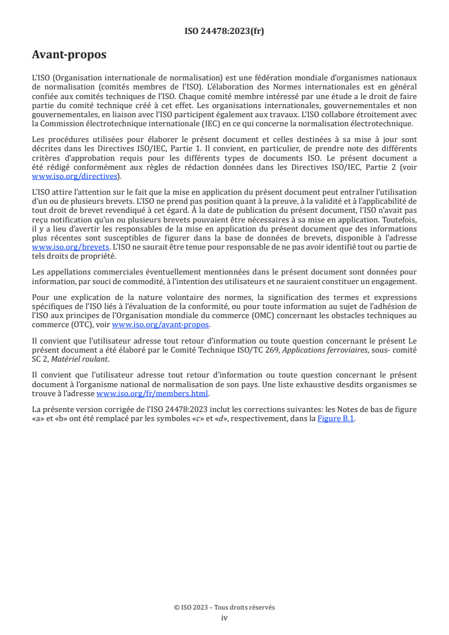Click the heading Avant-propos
[x=69, y=55]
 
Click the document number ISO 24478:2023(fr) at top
[x=224, y=31]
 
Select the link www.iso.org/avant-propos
[x=161, y=324]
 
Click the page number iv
[x=224, y=617]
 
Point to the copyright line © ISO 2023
[x=224, y=607]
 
